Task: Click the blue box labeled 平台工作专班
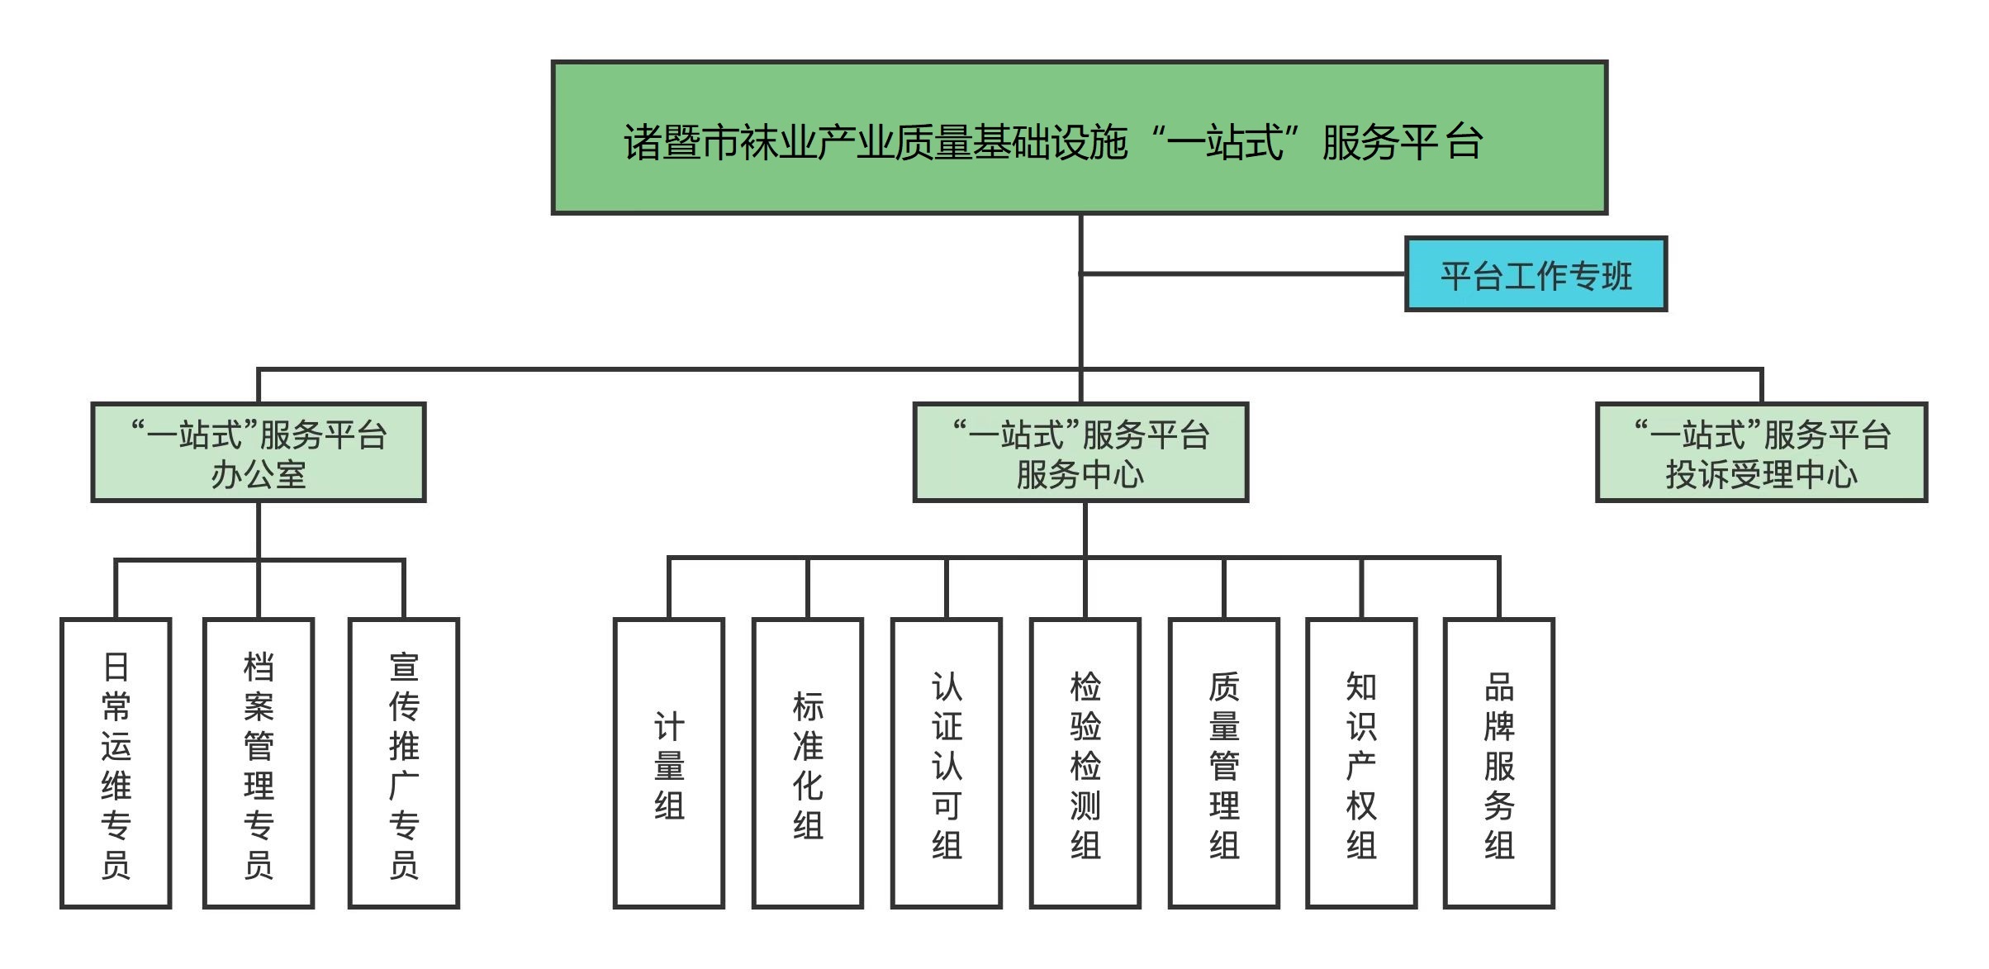click(1536, 274)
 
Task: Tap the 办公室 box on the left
click(259, 452)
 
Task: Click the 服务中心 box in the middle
click(1080, 452)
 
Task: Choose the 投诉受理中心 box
click(1761, 452)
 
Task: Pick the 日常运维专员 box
click(116, 762)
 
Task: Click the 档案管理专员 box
click(259, 762)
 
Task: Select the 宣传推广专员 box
click(404, 762)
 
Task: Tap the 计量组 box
click(669, 762)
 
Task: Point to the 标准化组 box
click(808, 762)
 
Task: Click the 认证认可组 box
click(947, 762)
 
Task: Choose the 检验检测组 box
click(1085, 762)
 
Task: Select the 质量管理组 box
click(1224, 762)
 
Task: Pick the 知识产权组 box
click(1361, 762)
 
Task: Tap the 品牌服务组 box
click(1499, 762)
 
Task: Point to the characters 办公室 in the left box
click(259, 475)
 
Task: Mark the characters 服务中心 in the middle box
click(1080, 475)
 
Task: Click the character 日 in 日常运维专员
click(116, 667)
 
